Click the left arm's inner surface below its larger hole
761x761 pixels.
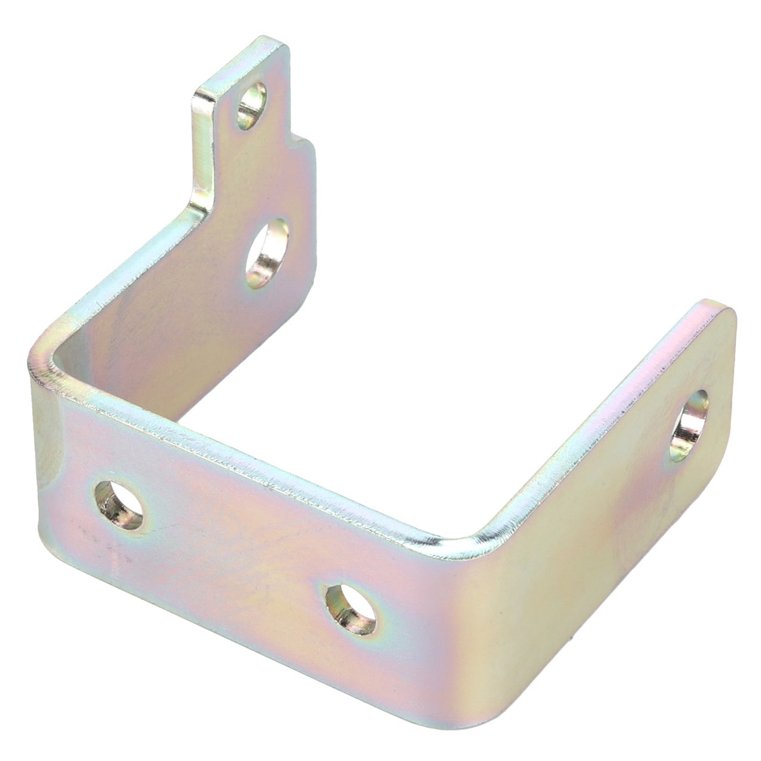(x=207, y=351)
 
